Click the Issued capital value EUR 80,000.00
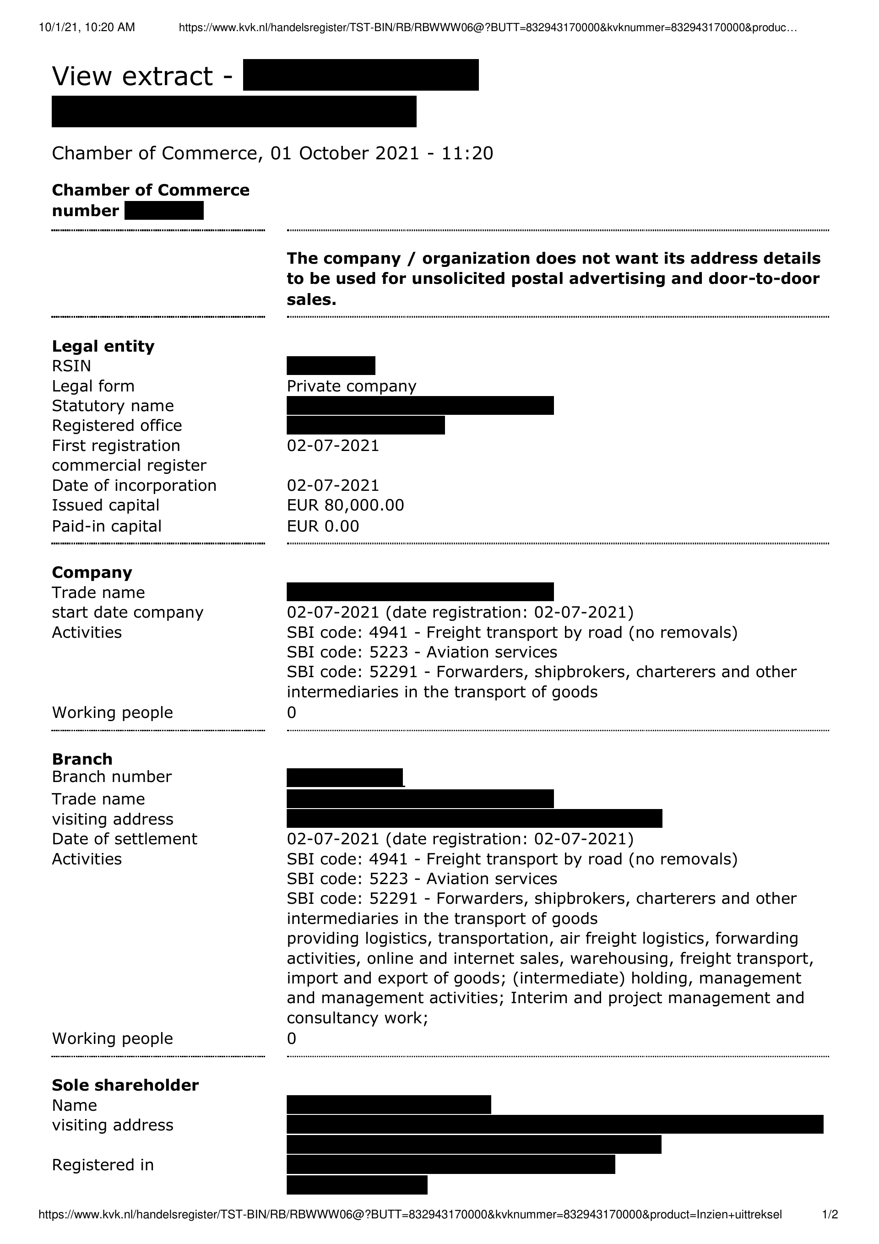345,505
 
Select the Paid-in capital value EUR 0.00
322,526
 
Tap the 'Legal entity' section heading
103,346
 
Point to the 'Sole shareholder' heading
125,1085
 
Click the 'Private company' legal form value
351,386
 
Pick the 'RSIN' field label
71,366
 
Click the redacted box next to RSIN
331,366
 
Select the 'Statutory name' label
113,406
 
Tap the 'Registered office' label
117,425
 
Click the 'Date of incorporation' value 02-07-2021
333,485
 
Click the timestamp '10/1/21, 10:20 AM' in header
87,27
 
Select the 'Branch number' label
112,777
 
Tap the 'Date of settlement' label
125,839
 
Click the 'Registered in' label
103,1165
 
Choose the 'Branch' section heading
82,759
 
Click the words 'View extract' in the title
132,76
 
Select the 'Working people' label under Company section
112,712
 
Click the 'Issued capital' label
106,505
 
